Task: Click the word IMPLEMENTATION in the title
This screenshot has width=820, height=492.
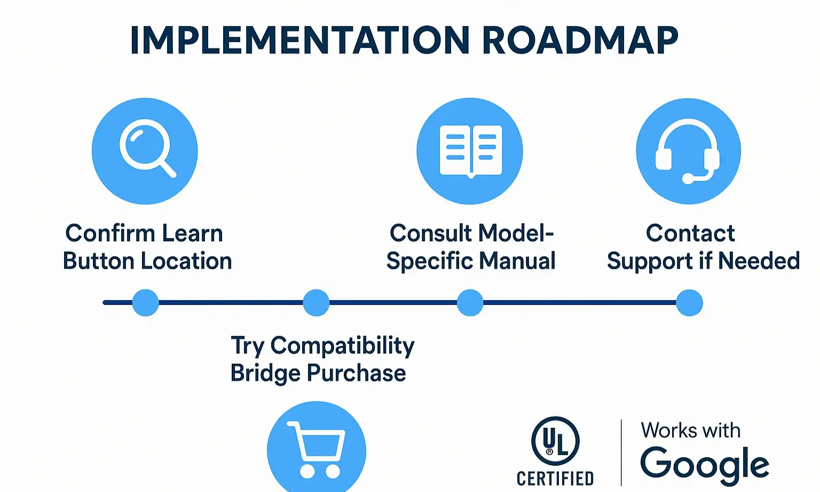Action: (299, 41)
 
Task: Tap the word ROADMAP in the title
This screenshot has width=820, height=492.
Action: (580, 41)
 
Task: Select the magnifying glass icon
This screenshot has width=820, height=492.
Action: (145, 151)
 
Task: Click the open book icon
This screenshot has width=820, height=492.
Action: (470, 151)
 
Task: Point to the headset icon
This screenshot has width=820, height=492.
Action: (688, 151)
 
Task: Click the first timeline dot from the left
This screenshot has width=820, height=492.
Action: (145, 303)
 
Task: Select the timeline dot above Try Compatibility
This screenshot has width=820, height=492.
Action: (316, 303)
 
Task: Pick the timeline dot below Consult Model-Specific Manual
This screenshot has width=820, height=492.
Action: (470, 303)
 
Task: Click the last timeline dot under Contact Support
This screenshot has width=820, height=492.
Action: (689, 303)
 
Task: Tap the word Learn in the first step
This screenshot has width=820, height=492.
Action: (192, 233)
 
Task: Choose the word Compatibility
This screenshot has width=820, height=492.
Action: (342, 346)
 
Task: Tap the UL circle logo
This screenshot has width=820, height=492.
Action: (555, 441)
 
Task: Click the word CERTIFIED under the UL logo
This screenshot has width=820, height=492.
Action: (555, 478)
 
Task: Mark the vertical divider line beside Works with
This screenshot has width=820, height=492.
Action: (621, 452)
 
